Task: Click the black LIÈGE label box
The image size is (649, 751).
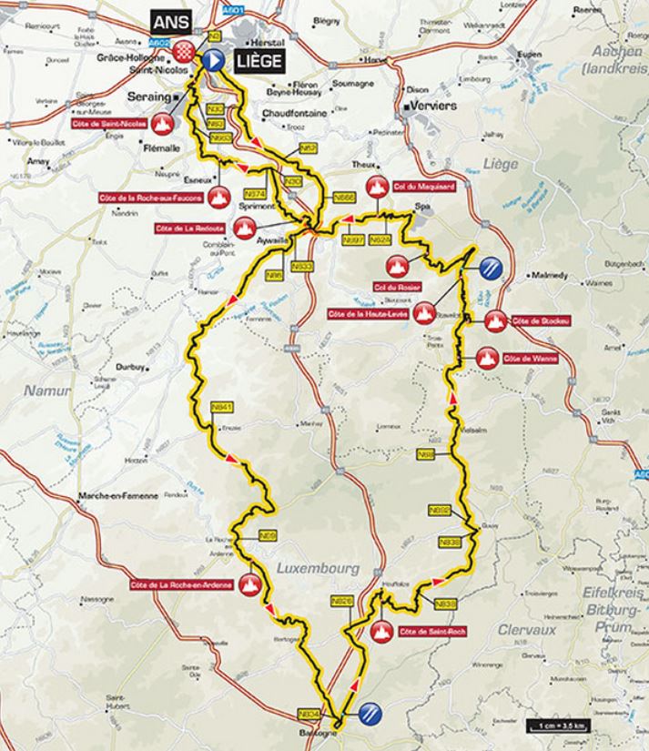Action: (254, 61)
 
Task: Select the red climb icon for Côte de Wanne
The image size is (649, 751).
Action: (483, 358)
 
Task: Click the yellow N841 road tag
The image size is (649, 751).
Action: (222, 406)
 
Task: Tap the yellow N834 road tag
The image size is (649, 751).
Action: (309, 713)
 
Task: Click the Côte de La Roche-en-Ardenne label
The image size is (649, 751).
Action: (182, 585)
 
